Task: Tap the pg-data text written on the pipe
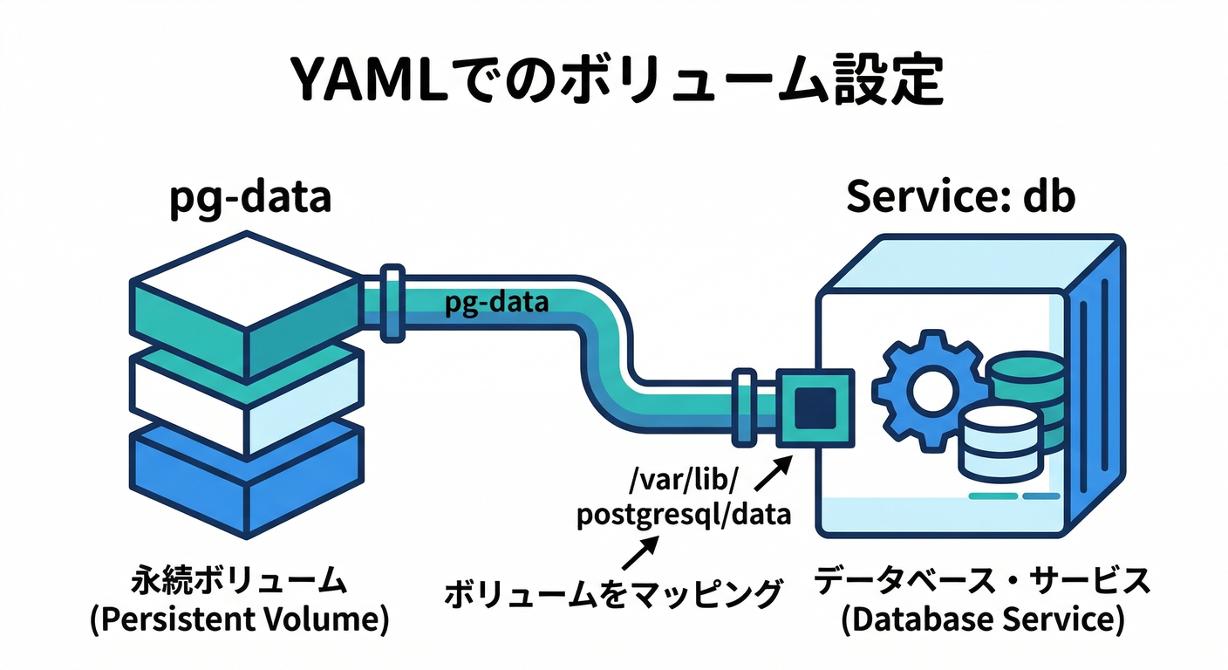click(495, 304)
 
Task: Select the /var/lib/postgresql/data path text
click(683, 496)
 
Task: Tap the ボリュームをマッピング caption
click(612, 594)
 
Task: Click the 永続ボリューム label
click(238, 580)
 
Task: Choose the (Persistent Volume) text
click(238, 620)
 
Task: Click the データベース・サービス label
click(982, 580)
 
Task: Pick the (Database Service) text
click(982, 620)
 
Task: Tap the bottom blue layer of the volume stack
click(247, 475)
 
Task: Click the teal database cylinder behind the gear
click(1029, 384)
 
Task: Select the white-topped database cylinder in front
click(999, 445)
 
